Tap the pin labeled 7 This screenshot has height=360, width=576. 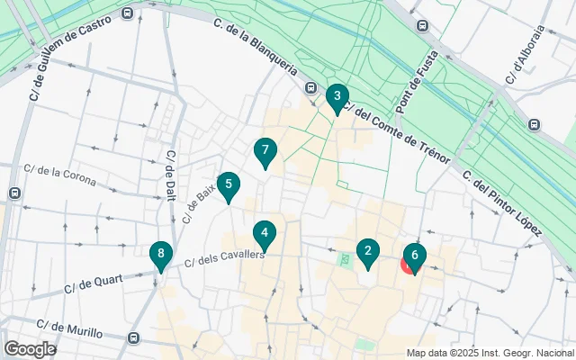(264, 151)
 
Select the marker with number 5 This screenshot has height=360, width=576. (229, 186)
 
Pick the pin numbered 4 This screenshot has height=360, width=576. (264, 234)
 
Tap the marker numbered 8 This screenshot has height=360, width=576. (160, 256)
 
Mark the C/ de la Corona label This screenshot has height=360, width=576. (59, 173)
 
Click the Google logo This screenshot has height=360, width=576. (30, 348)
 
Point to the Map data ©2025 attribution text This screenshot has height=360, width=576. (490, 353)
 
